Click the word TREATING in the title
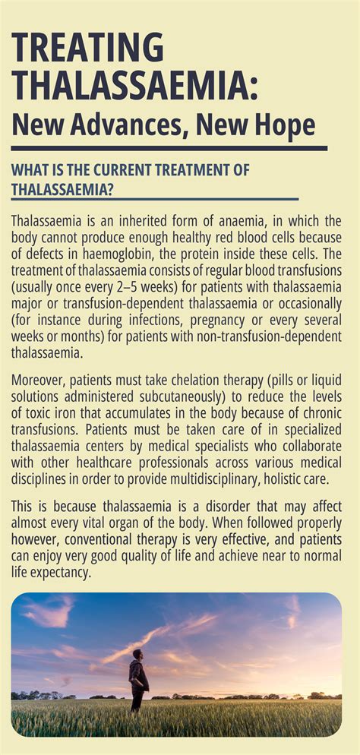coord(88,49)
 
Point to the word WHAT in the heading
coord(31,170)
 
